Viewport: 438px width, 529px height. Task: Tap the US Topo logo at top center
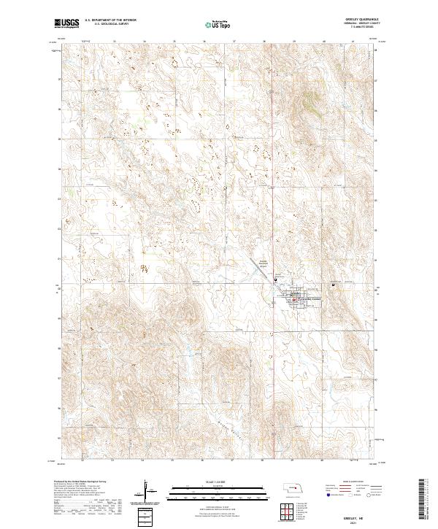217,24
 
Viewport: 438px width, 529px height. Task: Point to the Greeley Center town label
307,299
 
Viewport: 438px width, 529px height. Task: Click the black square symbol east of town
334,285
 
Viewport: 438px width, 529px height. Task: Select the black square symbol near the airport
275,279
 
